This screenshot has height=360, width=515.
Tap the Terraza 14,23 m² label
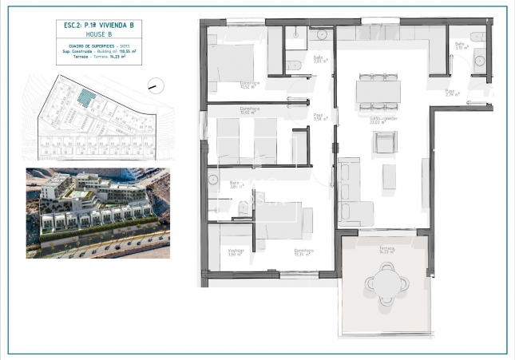(x=387, y=250)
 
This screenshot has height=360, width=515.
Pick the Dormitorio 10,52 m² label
(x=251, y=85)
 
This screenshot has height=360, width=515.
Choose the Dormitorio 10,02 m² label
(x=251, y=112)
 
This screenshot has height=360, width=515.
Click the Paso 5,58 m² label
(x=318, y=117)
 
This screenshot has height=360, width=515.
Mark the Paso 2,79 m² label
(x=450, y=93)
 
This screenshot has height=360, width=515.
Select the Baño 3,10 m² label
(x=461, y=45)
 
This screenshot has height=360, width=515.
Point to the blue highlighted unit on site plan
(x=86, y=98)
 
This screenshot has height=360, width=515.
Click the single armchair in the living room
(x=385, y=143)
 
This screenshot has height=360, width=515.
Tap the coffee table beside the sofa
(x=389, y=176)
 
